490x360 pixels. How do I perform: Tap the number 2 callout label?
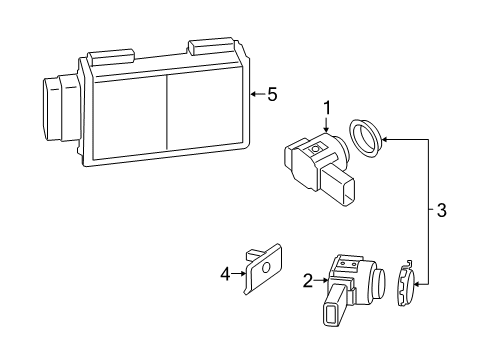click(308, 281)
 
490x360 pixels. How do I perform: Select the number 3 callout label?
click(441, 211)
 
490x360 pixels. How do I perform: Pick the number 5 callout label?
click(271, 94)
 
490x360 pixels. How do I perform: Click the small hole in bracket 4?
click(267, 266)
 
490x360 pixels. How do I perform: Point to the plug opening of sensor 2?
click(332, 313)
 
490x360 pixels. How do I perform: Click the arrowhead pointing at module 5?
click(254, 95)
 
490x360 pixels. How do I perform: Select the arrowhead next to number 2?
click(323, 281)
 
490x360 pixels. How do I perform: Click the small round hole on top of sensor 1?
click(317, 149)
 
